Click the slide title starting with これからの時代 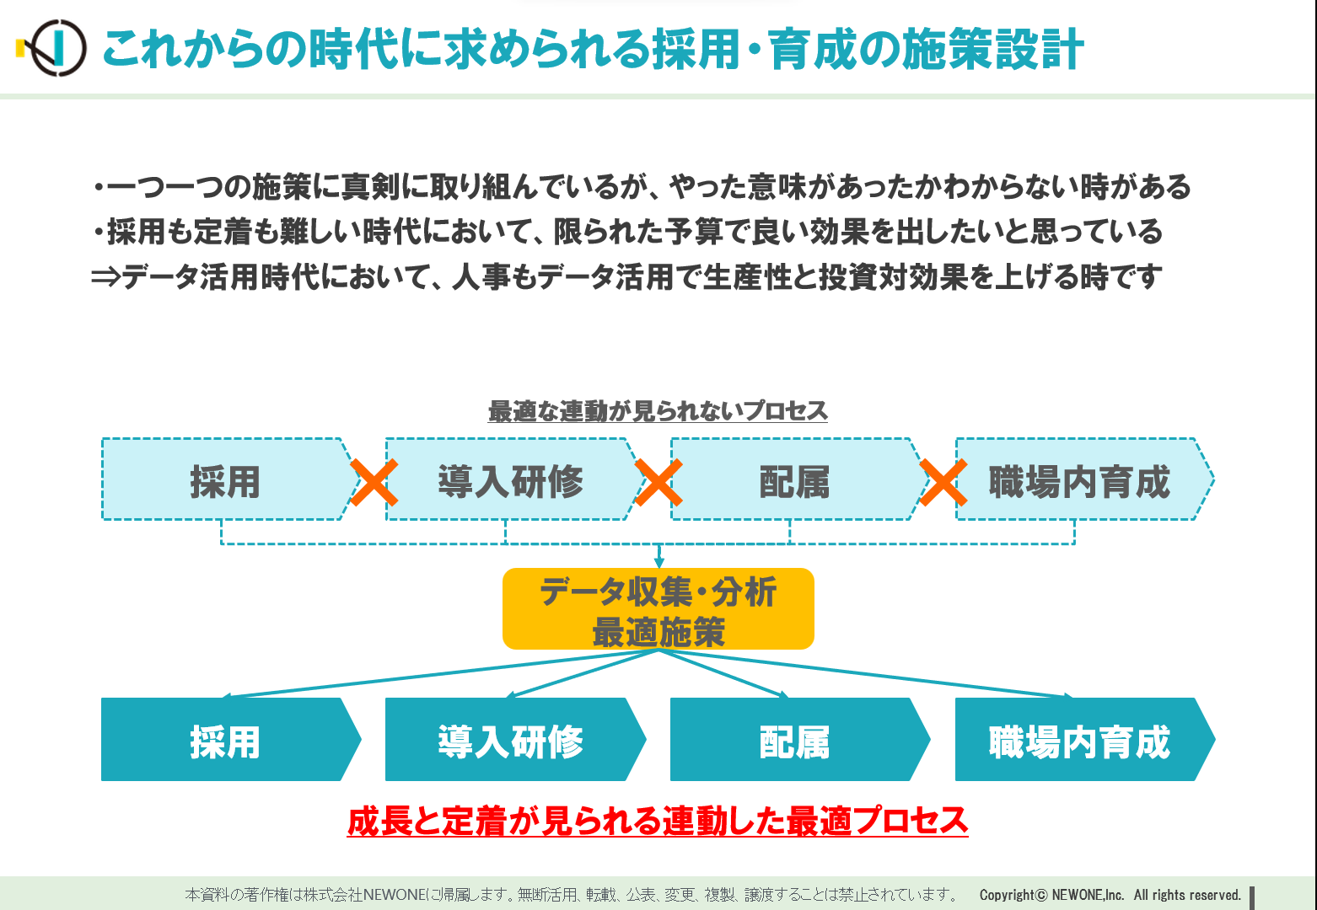(x=593, y=49)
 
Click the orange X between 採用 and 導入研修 (x=374, y=483)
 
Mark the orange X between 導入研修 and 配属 (x=658, y=483)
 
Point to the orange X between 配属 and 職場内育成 (x=943, y=483)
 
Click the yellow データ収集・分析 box (x=658, y=608)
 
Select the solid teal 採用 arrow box (x=231, y=739)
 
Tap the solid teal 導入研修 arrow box (x=516, y=739)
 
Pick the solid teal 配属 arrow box (x=800, y=739)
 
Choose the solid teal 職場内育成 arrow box (x=1085, y=739)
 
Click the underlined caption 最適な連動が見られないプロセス (x=658, y=410)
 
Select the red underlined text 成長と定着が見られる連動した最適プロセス (x=658, y=821)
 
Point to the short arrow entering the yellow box (x=658, y=556)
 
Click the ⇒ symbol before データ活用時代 (x=106, y=276)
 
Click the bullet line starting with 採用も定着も (x=627, y=232)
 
